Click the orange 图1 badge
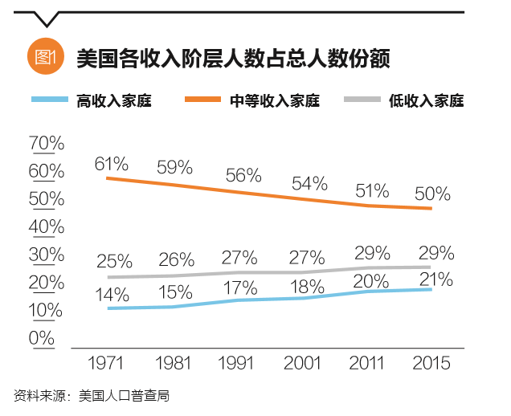[x=44, y=57]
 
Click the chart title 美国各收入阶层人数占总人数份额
[x=233, y=58]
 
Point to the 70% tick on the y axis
[x=46, y=143]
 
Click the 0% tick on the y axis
[x=41, y=338]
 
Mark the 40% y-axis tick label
[x=46, y=226]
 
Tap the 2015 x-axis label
[x=431, y=362]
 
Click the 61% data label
[x=111, y=164]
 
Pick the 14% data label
[x=111, y=294]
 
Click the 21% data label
[x=436, y=280]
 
